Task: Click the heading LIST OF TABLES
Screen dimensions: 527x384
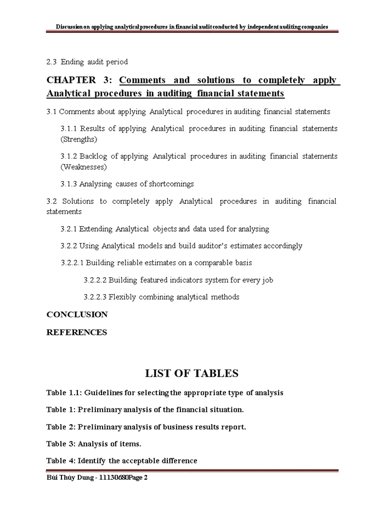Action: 191,374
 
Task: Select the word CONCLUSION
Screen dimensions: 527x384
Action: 77,315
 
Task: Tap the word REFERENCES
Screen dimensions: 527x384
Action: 76,332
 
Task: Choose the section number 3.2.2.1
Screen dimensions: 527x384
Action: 72,263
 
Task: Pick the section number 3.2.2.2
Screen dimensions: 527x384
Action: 95,280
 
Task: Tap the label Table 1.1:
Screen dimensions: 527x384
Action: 64,393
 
